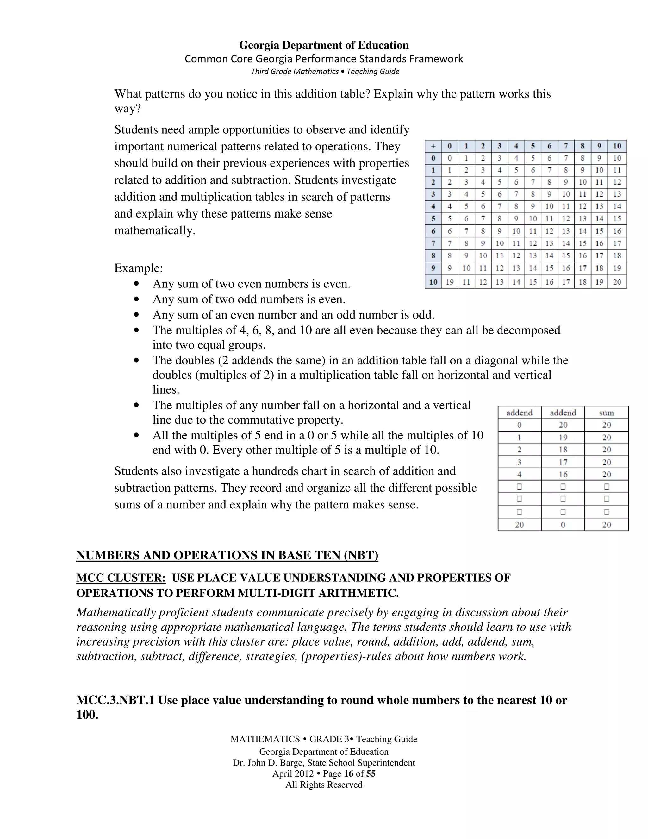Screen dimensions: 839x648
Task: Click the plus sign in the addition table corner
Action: tap(433, 146)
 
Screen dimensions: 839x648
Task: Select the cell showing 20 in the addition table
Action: tap(617, 282)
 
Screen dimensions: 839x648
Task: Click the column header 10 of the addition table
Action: tap(617, 146)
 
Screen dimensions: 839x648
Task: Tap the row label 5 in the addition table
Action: tap(433, 218)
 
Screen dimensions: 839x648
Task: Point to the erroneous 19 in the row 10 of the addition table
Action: tap(450, 282)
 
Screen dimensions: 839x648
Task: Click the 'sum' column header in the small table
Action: tap(606, 413)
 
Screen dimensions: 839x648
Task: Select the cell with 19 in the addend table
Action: tap(563, 437)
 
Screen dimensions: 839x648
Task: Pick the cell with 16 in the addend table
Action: tap(563, 475)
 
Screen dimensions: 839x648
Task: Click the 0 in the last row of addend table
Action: tap(563, 525)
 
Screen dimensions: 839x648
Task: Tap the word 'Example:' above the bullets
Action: tap(139, 268)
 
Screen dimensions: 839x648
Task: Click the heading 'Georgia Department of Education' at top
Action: tap(324, 45)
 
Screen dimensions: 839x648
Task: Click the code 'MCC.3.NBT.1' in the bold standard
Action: tap(115, 700)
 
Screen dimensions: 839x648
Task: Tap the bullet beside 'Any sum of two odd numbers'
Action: tap(137, 299)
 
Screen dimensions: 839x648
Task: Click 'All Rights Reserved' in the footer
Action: tap(324, 785)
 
